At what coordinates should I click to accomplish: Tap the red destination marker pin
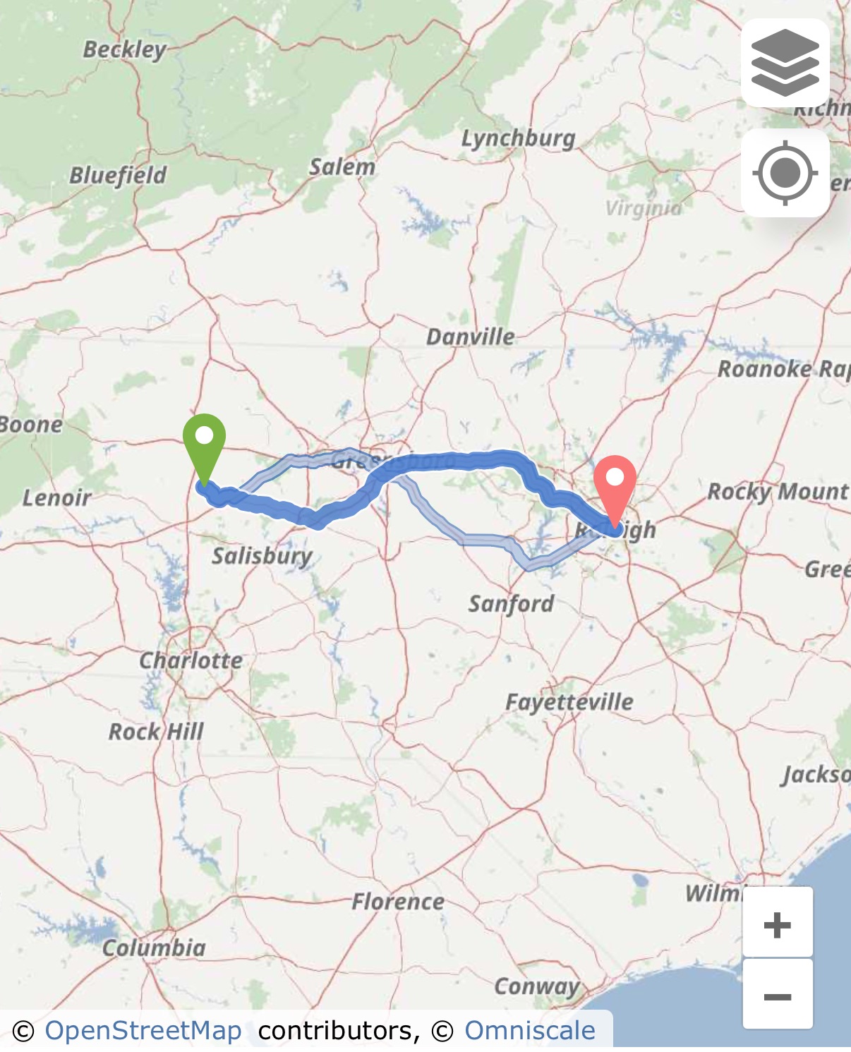click(x=615, y=487)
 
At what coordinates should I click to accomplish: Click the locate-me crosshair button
click(x=785, y=173)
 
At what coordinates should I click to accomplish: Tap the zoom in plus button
click(x=777, y=924)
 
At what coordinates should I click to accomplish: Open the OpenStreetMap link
click(x=143, y=1031)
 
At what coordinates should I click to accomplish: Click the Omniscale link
click(x=529, y=1031)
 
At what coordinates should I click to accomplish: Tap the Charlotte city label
click(x=191, y=660)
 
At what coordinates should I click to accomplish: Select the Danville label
click(x=470, y=337)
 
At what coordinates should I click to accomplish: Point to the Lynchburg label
click(x=518, y=138)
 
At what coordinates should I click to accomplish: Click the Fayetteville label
click(x=569, y=702)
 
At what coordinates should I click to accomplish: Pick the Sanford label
click(x=511, y=603)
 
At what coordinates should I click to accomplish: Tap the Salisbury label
click(x=262, y=556)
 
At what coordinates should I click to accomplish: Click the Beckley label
click(x=124, y=49)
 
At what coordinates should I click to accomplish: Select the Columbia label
click(x=154, y=948)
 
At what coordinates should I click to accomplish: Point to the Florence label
click(x=398, y=901)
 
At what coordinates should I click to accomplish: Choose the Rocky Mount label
click(x=778, y=491)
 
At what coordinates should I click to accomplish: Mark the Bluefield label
click(x=117, y=175)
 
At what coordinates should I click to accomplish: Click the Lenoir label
click(x=56, y=497)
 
